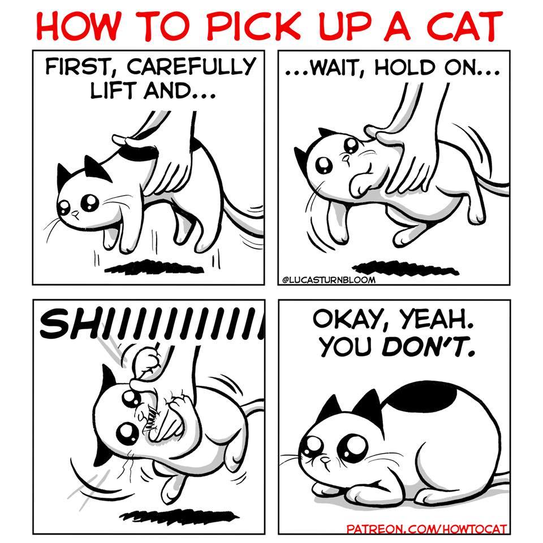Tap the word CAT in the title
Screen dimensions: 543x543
(465, 26)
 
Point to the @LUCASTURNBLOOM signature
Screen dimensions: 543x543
(329, 279)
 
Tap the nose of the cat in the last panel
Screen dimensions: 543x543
(325, 460)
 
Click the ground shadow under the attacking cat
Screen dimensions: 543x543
(179, 516)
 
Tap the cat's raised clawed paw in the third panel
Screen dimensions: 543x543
(148, 360)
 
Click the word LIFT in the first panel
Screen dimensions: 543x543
(114, 90)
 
